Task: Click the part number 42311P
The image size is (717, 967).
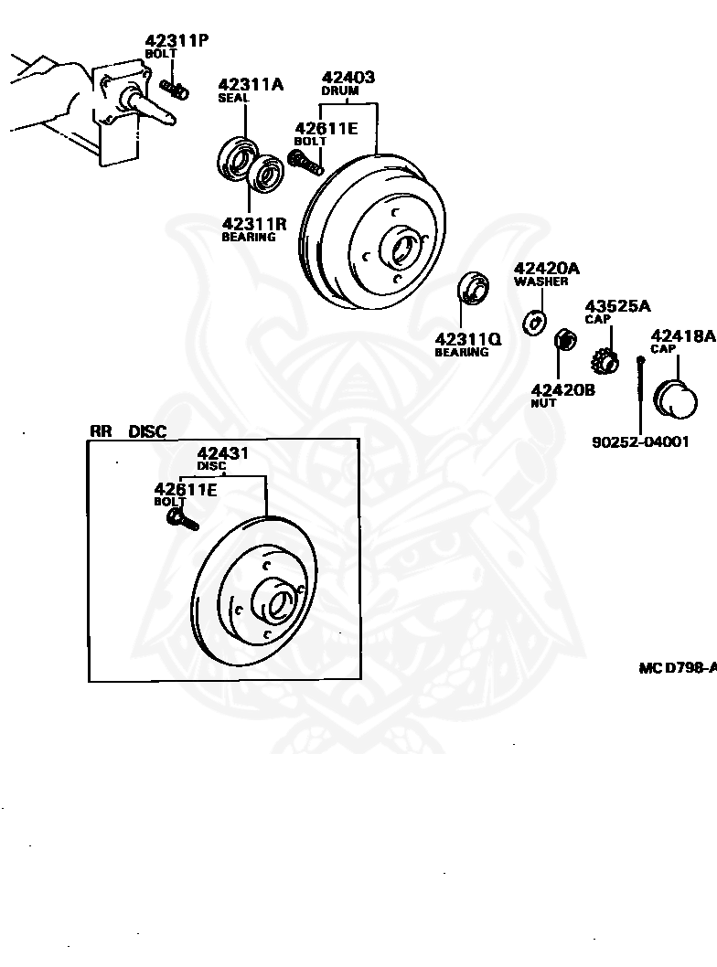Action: pos(177,40)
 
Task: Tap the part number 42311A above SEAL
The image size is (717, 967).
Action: pos(251,85)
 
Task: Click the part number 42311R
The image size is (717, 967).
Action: pos(254,222)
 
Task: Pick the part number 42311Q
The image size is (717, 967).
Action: pos(467,338)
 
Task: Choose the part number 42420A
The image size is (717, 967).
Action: pos(547,268)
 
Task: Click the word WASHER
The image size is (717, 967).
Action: pos(540,282)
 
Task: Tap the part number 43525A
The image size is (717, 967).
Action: pos(617,305)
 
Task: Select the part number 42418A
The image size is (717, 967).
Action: pos(682,335)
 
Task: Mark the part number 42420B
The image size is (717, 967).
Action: pos(562,389)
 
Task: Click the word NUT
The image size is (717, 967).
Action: pos(543,403)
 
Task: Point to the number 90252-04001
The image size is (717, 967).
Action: pos(640,441)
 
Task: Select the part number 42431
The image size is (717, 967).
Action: pos(223,453)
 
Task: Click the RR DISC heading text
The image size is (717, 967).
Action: pos(128,431)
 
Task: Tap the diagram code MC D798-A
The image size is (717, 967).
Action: pos(677,668)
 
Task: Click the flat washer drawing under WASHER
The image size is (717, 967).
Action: pos(533,323)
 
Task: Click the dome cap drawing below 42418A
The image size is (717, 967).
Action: pos(677,399)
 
